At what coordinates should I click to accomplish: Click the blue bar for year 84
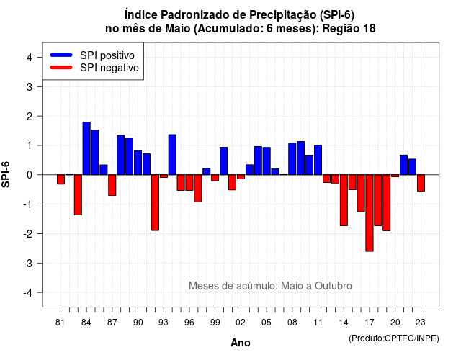[x=86, y=148]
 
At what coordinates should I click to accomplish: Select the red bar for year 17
[x=370, y=213]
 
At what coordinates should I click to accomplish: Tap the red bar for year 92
[x=156, y=203]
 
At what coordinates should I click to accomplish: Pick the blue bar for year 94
[x=172, y=155]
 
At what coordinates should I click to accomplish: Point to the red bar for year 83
[x=78, y=195]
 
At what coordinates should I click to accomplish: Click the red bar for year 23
[x=421, y=183]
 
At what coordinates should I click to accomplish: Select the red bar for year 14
[x=344, y=200]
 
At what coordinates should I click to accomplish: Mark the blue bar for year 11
[x=318, y=160]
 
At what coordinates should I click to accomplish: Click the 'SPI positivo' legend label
[x=107, y=55]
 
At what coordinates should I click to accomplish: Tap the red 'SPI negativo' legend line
[x=61, y=68]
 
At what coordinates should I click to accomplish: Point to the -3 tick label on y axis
[x=28, y=263]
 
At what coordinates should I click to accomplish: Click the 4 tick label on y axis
[x=30, y=57]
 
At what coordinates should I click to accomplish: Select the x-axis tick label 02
[x=241, y=323]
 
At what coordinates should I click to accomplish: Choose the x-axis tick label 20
[x=395, y=323]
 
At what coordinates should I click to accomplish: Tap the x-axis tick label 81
[x=61, y=323]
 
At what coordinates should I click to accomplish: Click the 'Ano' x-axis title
[x=241, y=343]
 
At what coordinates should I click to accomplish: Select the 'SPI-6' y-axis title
[x=6, y=174]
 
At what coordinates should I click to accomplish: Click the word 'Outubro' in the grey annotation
[x=334, y=286]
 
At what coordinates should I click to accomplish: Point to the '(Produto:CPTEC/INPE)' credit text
[x=394, y=338]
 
